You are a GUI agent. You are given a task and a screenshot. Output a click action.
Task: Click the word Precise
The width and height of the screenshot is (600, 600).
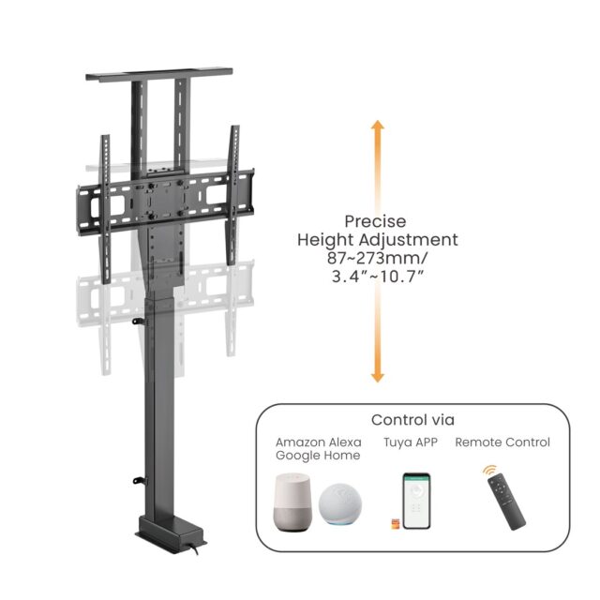tap(375, 221)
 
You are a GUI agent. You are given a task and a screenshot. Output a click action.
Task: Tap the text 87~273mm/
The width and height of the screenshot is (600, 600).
tap(375, 259)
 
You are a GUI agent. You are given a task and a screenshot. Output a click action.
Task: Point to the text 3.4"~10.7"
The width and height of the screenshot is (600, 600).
tap(375, 277)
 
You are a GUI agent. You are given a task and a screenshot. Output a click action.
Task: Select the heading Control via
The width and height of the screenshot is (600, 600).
tap(412, 420)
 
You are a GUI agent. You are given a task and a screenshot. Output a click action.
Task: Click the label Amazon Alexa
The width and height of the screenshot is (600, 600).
tap(316, 442)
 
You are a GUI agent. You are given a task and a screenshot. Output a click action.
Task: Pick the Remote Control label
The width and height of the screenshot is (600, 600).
tap(502, 442)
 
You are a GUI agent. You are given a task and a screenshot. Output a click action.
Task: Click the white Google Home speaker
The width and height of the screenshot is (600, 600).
tap(291, 507)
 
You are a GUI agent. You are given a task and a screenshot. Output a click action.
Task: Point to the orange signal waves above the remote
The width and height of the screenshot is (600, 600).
tap(489, 471)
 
